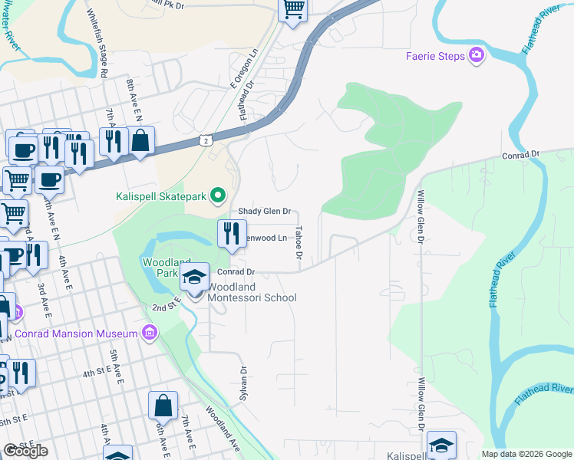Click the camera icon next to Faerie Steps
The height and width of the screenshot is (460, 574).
(477, 55)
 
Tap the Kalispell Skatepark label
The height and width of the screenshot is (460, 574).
(162, 195)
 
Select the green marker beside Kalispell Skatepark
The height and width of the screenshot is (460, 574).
(217, 195)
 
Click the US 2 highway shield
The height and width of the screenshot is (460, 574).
(205, 140)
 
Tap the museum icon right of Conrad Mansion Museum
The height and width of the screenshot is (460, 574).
(150, 333)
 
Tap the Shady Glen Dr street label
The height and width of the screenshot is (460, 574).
(264, 211)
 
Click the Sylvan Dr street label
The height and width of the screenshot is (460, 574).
(244, 380)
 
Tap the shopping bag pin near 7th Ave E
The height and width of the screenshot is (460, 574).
(163, 406)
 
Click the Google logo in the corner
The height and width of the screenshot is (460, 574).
(25, 451)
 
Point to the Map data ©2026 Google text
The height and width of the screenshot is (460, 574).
(526, 454)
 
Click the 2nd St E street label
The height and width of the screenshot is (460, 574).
(163, 307)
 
